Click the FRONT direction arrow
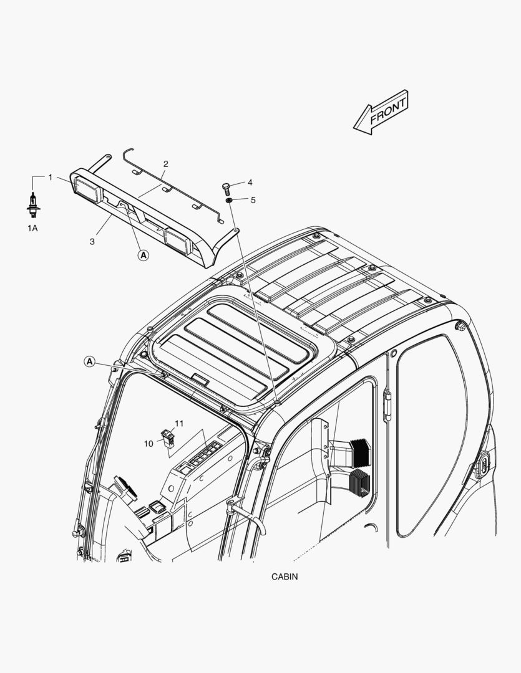point(381,112)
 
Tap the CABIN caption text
point(284,576)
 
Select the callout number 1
point(51,177)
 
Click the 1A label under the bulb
point(32,228)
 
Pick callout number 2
point(165,164)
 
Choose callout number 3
point(92,242)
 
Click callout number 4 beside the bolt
point(250,183)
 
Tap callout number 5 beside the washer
point(253,200)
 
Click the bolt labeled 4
point(226,188)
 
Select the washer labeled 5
point(229,200)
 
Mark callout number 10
point(149,444)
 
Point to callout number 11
point(179,424)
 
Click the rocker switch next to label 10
point(167,438)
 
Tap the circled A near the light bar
point(143,255)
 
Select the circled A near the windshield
point(89,362)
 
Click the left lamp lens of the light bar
point(86,188)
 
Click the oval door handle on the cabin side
point(483,464)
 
